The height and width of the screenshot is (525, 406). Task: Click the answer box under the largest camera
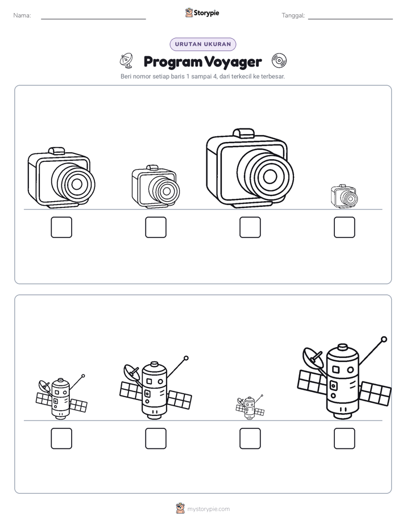pos(250,227)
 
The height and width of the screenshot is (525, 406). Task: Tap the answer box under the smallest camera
pos(345,227)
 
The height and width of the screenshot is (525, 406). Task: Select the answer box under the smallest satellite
pos(250,438)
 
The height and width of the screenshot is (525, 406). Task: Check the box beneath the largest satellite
pos(345,438)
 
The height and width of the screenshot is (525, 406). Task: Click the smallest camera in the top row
pos(345,197)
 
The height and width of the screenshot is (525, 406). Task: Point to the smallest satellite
pos(250,407)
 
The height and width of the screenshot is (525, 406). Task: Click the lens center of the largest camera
pos(270,177)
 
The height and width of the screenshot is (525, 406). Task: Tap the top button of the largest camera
pos(243,132)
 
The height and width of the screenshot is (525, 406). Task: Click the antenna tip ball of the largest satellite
pos(384,339)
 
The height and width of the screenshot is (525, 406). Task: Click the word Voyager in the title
pos(233,62)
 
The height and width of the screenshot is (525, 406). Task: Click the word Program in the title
pos(173,62)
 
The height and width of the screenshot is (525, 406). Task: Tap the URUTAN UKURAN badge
pos(203,44)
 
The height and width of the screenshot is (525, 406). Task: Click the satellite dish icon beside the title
pos(126,60)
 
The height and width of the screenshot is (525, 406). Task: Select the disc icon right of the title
pos(279,61)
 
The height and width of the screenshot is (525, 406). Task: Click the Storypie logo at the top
pos(202,13)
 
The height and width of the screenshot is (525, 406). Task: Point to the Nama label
pos(22,15)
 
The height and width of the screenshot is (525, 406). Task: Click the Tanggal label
pos(293,15)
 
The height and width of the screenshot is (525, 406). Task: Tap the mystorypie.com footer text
pos(208,509)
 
